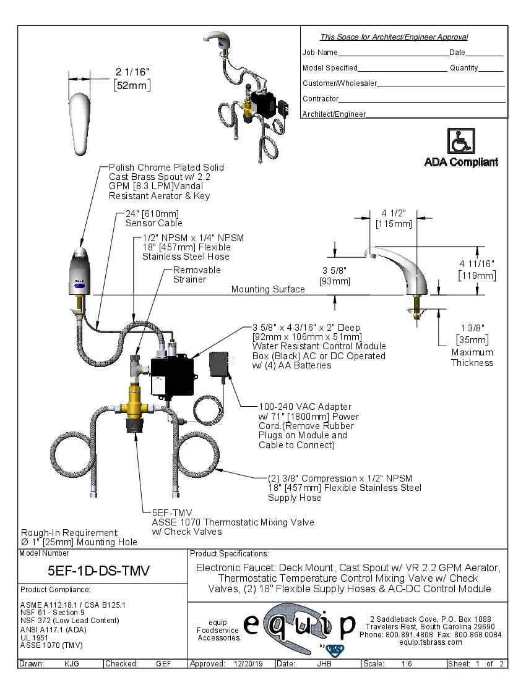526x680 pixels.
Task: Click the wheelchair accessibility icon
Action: pyautogui.click(x=460, y=141)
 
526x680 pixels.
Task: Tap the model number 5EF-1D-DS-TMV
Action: pyautogui.click(x=98, y=570)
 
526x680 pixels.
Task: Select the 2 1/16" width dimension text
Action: pyautogui.click(x=132, y=73)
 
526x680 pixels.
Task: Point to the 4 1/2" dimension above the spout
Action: pyautogui.click(x=393, y=213)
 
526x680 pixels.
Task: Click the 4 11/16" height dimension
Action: pyautogui.click(x=476, y=263)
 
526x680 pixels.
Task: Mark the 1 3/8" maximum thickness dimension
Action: pyautogui.click(x=472, y=328)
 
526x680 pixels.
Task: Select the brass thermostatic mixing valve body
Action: pyautogui.click(x=136, y=402)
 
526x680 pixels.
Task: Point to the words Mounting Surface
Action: pyautogui.click(x=268, y=289)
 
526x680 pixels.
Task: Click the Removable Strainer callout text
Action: pyautogui.click(x=197, y=275)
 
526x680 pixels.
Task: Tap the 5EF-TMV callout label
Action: pyautogui.click(x=172, y=512)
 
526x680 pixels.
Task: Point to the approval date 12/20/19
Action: pyautogui.click(x=248, y=664)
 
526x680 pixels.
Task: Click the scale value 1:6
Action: pyautogui.click(x=407, y=664)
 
